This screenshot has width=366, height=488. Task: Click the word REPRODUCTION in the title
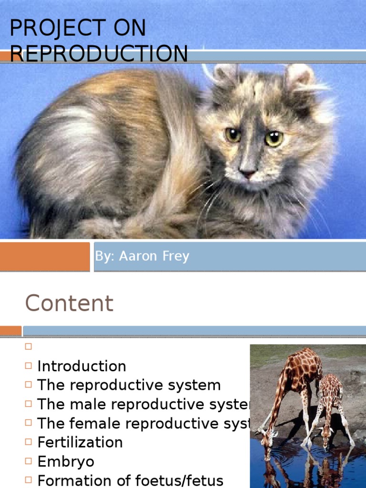coord(99,53)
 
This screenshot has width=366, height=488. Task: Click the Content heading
coord(69,303)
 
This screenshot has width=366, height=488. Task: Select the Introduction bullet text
coord(81,366)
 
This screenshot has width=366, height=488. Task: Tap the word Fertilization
coord(80,442)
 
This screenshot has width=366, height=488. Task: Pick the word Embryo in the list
coord(65,461)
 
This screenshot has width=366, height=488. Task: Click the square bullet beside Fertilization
coord(28,442)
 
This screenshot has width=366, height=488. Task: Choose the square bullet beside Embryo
coord(28,461)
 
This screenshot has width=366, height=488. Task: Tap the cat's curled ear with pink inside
coord(299,76)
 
